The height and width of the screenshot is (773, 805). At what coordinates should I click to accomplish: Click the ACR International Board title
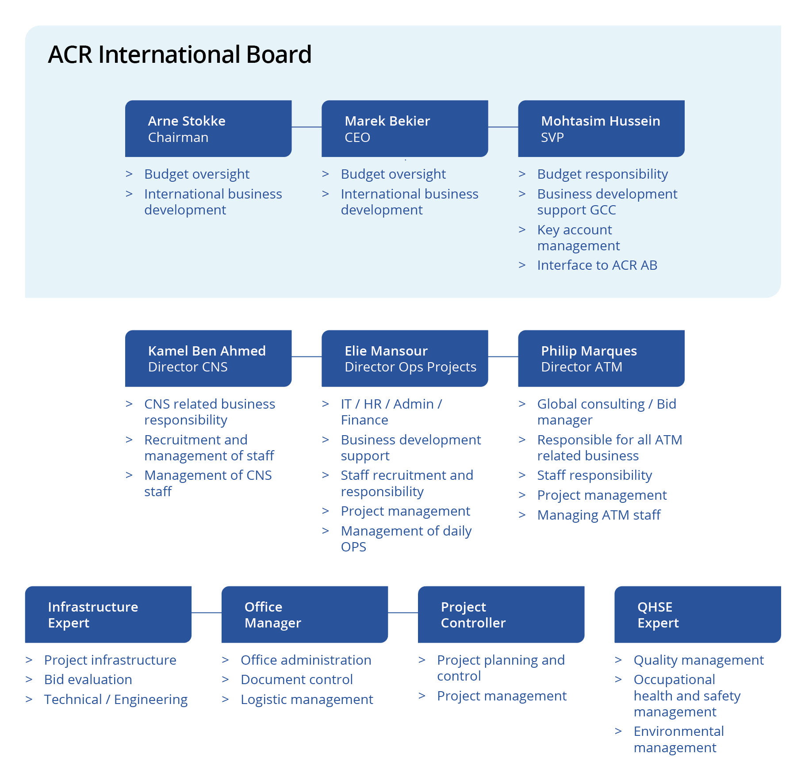point(180,54)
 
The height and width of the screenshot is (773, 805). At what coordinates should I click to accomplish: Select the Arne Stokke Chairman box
point(208,129)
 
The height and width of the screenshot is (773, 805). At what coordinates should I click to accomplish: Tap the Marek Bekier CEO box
point(405,129)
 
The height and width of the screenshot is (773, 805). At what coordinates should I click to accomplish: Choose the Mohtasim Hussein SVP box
point(601,129)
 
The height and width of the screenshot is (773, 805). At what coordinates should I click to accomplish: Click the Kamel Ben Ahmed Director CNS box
point(208,359)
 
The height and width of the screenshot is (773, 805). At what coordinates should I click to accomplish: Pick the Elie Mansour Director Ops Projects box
point(405,359)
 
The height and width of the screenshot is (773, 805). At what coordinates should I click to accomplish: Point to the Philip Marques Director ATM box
point(601,359)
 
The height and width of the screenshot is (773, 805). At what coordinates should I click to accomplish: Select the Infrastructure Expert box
point(108,615)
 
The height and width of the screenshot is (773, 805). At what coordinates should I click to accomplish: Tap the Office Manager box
point(305,615)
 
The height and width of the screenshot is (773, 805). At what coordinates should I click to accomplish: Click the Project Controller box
point(501,615)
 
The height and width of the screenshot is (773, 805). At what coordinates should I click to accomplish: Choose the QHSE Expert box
point(698,615)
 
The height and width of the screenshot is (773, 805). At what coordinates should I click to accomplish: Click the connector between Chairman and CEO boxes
point(307,127)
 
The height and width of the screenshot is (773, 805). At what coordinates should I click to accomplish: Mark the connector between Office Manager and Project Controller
point(403,613)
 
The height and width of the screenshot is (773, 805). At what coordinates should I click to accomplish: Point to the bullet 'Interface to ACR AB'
point(597,265)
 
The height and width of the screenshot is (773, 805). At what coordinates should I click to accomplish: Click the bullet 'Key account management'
point(578,238)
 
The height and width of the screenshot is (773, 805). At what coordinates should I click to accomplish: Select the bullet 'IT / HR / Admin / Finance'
point(391,412)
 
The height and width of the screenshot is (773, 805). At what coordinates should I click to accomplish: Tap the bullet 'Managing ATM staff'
point(598,515)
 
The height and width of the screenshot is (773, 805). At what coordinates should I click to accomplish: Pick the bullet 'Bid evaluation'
point(88,680)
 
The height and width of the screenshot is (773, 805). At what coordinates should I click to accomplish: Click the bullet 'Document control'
point(296,680)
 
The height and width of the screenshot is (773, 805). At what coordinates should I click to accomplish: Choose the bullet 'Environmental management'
point(678,739)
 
